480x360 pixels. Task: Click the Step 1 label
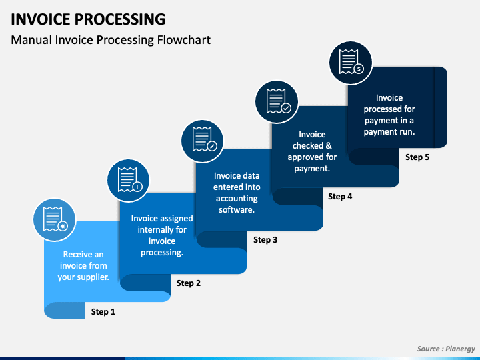coord(103,311)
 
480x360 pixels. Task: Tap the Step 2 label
coord(189,283)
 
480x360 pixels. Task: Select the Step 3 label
coord(265,240)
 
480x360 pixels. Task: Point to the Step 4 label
coord(340,196)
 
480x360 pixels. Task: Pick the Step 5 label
coord(417,157)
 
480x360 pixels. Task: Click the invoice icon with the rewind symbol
coord(55,220)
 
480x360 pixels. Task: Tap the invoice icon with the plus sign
coord(129,181)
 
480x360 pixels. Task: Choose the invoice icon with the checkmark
coord(277,102)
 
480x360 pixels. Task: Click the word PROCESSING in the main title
coord(120,19)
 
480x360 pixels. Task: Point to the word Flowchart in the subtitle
coord(184,40)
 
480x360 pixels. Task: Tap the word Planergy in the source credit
coord(460,349)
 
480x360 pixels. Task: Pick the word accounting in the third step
coord(237,199)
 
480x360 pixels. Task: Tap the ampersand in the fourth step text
coord(329,145)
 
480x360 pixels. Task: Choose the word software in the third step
coord(236,210)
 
